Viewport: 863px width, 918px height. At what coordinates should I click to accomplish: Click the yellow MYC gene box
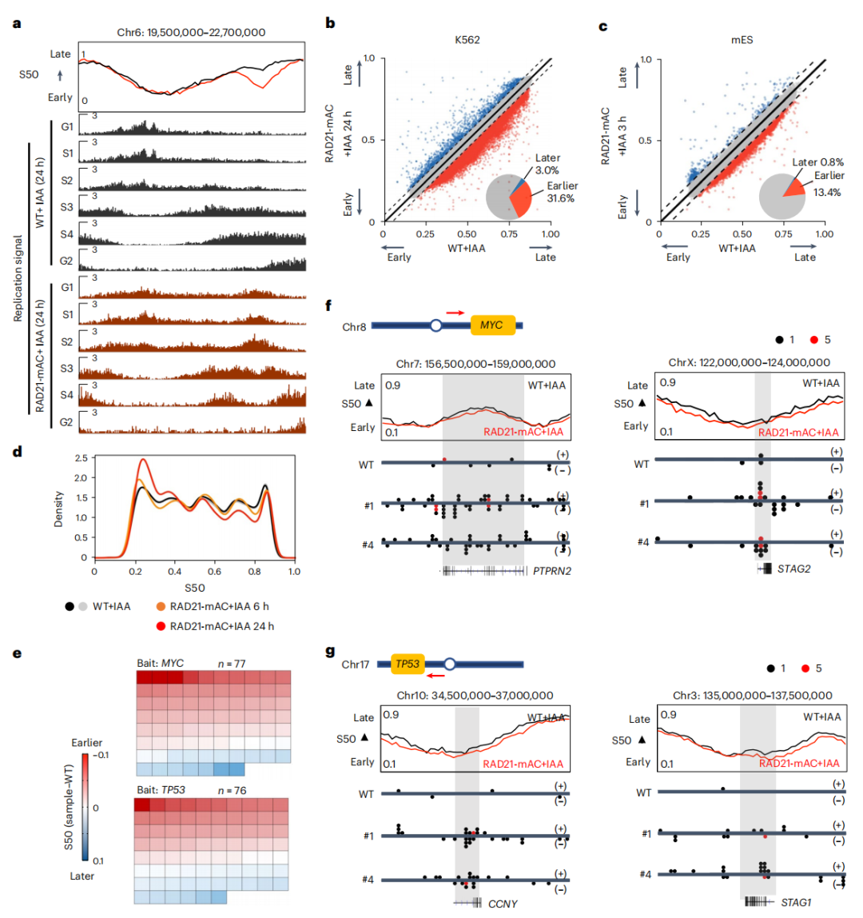pyautogui.click(x=493, y=325)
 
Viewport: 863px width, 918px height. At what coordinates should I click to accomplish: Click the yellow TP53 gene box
pyautogui.click(x=408, y=664)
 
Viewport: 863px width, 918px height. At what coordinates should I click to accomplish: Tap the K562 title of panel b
pyautogui.click(x=467, y=40)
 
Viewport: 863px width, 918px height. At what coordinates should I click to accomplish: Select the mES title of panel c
pyautogui.click(x=742, y=40)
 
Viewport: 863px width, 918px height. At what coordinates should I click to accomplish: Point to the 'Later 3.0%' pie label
pyautogui.click(x=547, y=164)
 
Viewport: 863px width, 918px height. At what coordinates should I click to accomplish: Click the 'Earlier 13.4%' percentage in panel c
pyautogui.click(x=827, y=193)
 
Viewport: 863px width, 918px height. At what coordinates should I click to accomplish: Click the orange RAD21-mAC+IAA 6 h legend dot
pyautogui.click(x=161, y=606)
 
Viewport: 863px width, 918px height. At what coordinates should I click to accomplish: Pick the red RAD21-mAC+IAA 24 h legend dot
pyautogui.click(x=161, y=626)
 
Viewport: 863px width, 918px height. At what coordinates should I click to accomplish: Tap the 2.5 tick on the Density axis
pyautogui.click(x=82, y=458)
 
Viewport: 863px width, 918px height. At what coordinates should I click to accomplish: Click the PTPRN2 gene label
pyautogui.click(x=551, y=571)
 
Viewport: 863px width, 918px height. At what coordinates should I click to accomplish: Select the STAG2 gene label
pyautogui.click(x=794, y=569)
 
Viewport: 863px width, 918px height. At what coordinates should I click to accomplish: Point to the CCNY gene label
pyautogui.click(x=503, y=904)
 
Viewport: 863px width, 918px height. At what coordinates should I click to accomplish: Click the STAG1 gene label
pyautogui.click(x=797, y=902)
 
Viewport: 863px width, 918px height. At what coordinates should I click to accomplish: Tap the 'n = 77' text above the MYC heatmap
pyautogui.click(x=232, y=664)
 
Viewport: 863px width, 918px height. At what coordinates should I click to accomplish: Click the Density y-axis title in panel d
pyautogui.click(x=58, y=509)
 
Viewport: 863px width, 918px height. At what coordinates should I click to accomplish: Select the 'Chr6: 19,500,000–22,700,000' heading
pyautogui.click(x=191, y=32)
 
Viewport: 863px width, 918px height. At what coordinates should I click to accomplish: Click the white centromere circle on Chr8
pyautogui.click(x=435, y=325)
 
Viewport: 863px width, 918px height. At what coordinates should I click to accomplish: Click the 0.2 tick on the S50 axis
pyautogui.click(x=135, y=572)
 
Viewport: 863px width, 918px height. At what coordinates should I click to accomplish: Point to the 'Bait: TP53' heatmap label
pyautogui.click(x=161, y=790)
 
